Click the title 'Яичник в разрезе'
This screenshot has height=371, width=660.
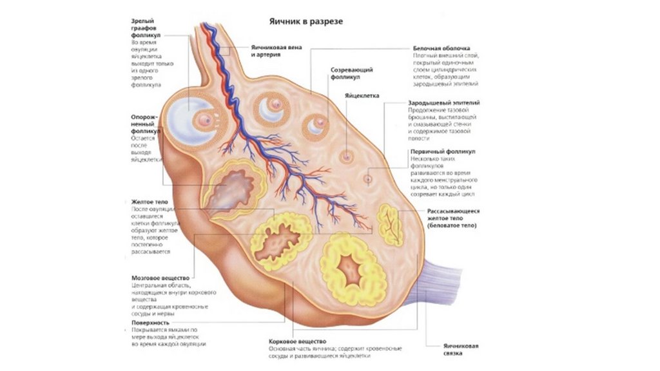point(306,21)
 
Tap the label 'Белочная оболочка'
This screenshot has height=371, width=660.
point(441,48)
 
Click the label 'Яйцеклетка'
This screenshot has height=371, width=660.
point(362,95)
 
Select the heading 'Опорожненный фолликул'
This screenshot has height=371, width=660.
point(146,124)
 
